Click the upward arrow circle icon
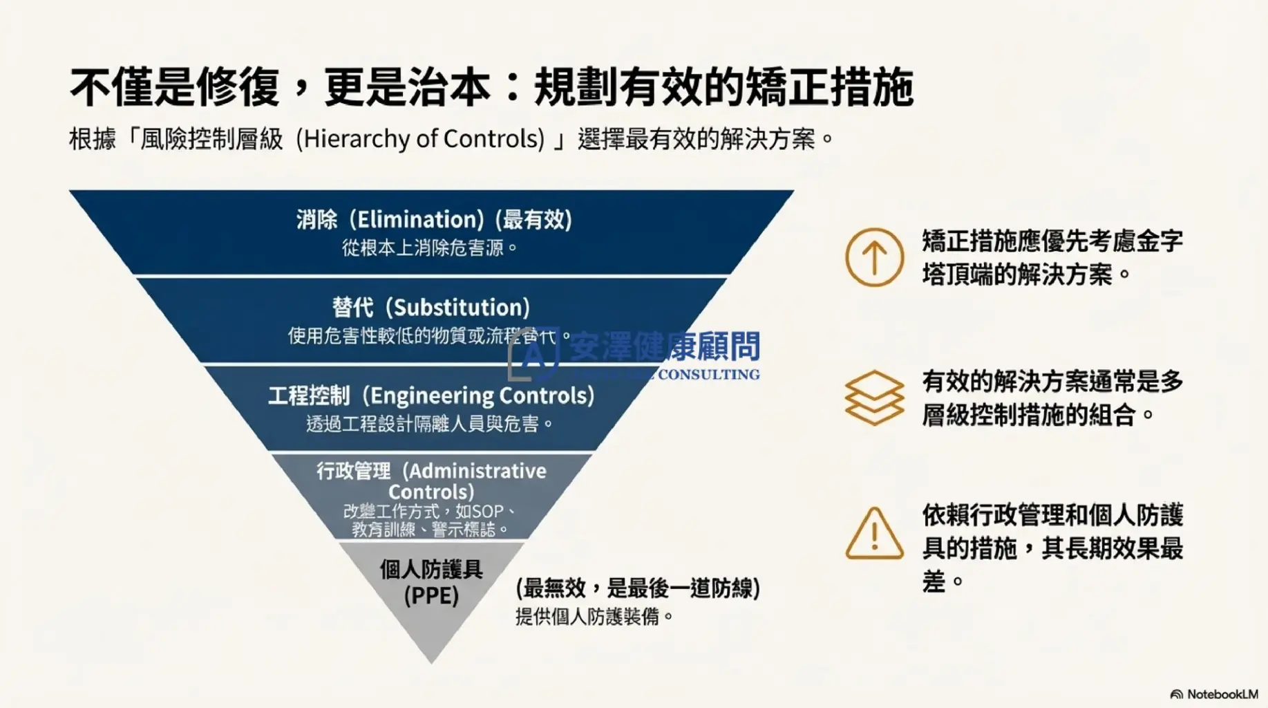[x=874, y=257]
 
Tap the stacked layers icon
[x=874, y=398]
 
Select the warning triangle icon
[x=874, y=534]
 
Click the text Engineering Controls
[x=482, y=395]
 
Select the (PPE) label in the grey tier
[x=431, y=596]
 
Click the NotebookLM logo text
[x=1222, y=694]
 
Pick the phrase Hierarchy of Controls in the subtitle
[x=424, y=139]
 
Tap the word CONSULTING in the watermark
[x=708, y=375]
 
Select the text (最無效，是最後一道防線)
[x=638, y=588]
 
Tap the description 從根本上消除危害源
[x=423, y=248]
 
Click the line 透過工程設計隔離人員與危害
[x=423, y=423]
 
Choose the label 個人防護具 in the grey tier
[x=431, y=570]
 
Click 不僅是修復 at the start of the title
[x=174, y=88]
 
